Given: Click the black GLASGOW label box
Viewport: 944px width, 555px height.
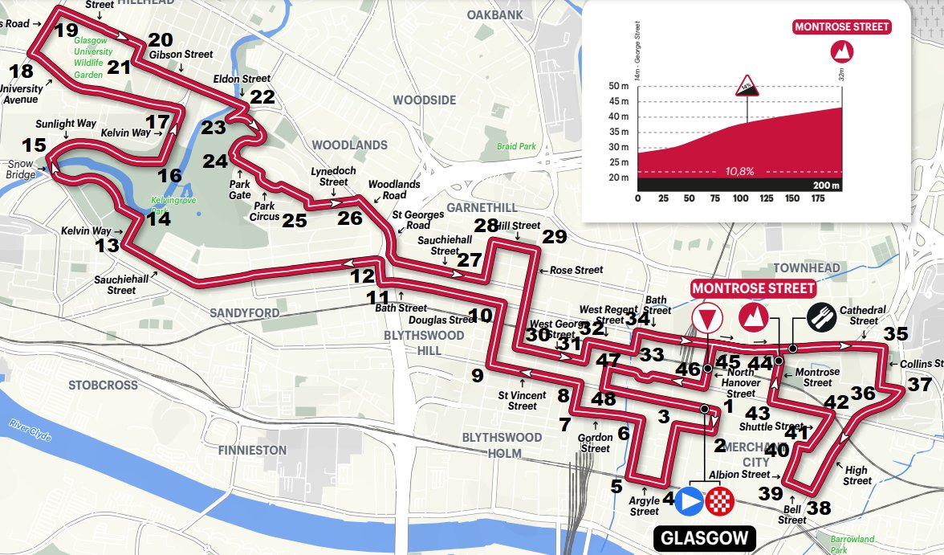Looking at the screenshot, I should [x=705, y=538].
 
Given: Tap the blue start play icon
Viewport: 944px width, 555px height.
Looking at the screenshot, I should [x=690, y=501].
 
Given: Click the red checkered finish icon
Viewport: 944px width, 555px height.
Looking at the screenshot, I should [x=720, y=501].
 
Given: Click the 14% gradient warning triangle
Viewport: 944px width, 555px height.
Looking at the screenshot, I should [x=747, y=86].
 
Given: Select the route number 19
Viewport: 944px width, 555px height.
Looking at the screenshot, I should [x=66, y=31].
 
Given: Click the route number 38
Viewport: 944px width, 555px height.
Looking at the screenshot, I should [x=819, y=508].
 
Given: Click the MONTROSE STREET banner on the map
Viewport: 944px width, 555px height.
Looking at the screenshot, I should [x=753, y=288].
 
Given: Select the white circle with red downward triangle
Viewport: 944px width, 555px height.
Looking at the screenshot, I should [x=706, y=319].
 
